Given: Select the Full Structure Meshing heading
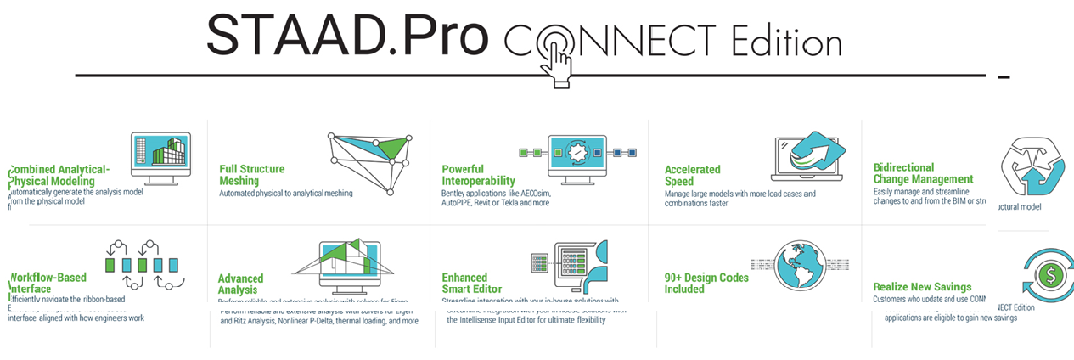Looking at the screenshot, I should pyautogui.click(x=252, y=175).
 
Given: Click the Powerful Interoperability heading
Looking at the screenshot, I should pyautogui.click(x=478, y=175).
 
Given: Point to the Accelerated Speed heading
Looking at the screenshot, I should pyautogui.click(x=692, y=175).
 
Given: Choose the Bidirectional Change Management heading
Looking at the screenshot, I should pyautogui.click(x=923, y=173).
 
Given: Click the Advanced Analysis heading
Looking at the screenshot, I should pyautogui.click(x=240, y=284).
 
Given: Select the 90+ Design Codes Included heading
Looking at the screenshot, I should pyautogui.click(x=706, y=284).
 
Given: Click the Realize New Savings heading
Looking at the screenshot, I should pyautogui.click(x=922, y=287).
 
